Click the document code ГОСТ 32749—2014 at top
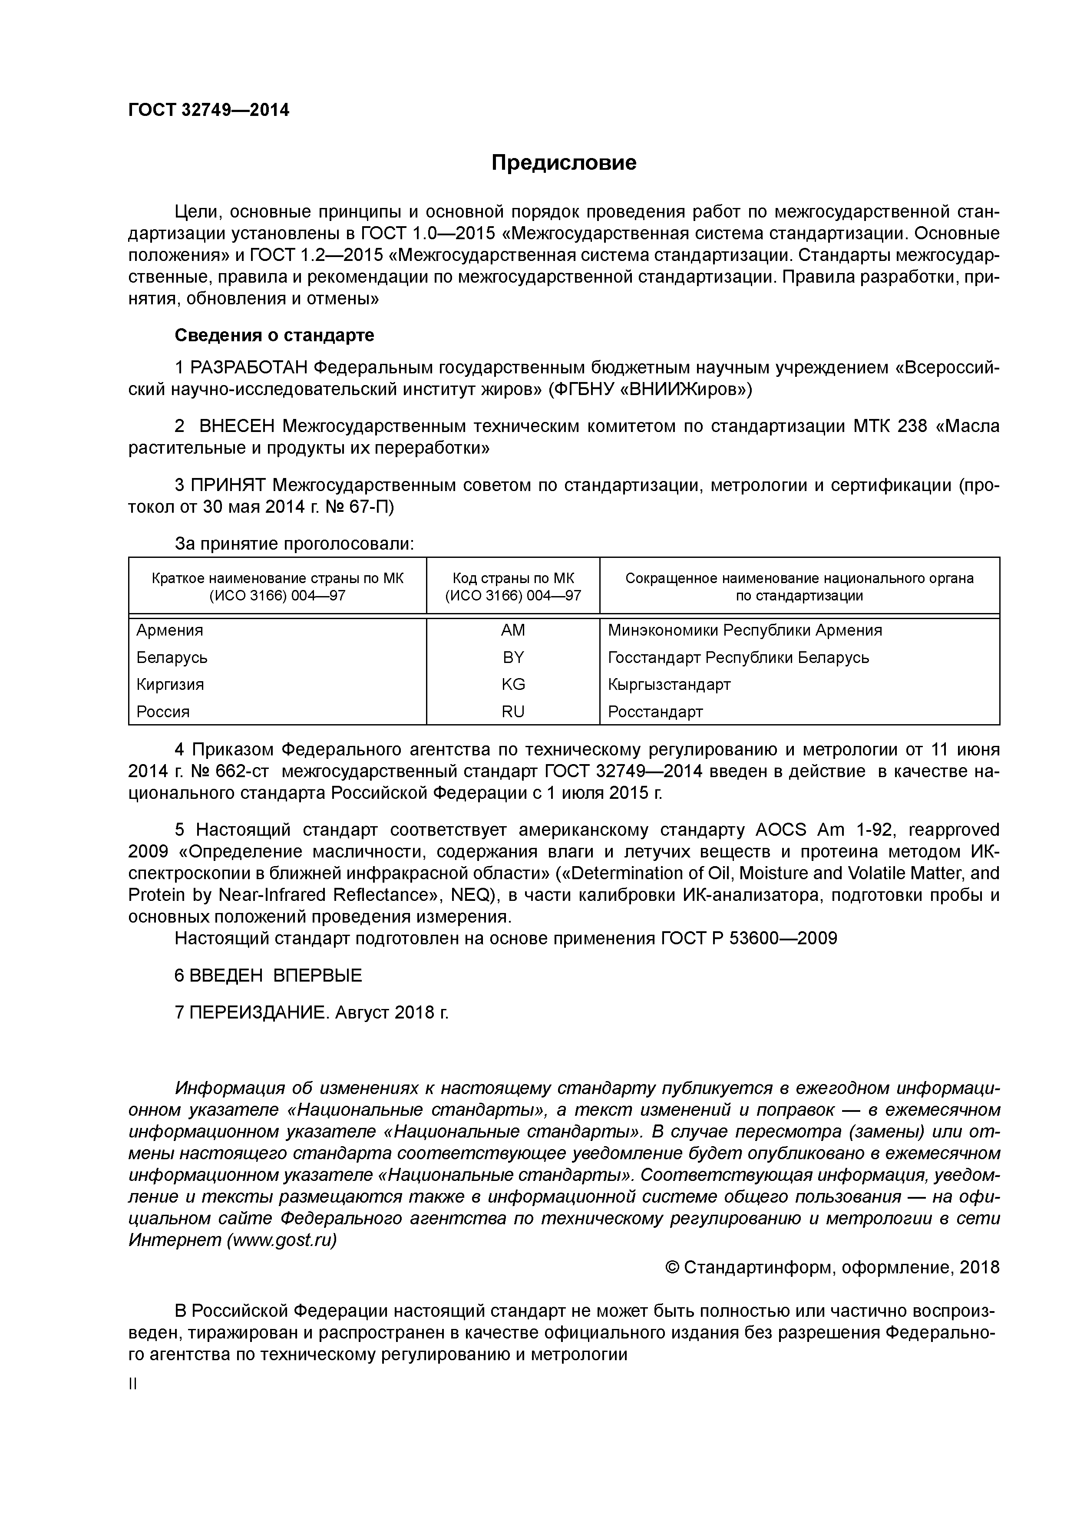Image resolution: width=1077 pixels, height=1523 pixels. click(x=208, y=110)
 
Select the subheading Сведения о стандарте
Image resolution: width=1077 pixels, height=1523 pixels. click(x=274, y=336)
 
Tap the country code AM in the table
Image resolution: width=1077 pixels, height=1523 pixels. click(x=512, y=630)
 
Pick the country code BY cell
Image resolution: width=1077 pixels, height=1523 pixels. click(x=513, y=657)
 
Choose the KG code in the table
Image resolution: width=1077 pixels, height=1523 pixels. click(x=513, y=684)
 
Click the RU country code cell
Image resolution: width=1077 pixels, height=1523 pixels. click(x=513, y=712)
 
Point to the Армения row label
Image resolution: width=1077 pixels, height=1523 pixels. click(x=170, y=630)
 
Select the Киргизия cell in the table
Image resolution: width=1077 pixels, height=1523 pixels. click(x=170, y=684)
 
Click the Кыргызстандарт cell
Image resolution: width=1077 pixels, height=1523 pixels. click(x=669, y=684)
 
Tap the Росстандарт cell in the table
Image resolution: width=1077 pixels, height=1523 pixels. click(x=655, y=712)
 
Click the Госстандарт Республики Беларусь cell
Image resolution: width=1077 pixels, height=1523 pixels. click(x=738, y=657)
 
